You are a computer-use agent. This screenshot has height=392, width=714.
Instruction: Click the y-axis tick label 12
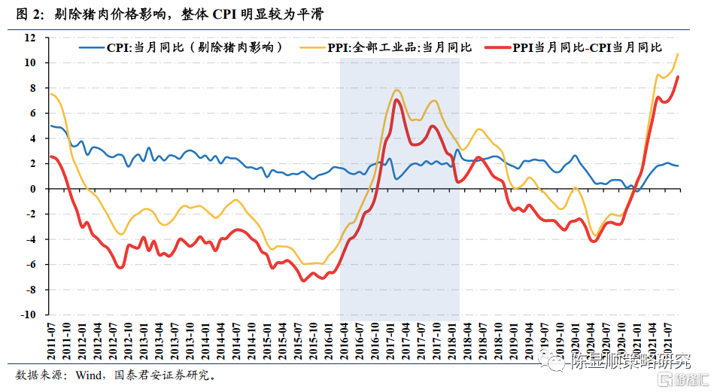click(32, 38)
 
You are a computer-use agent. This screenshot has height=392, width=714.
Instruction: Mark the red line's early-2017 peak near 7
click(396, 100)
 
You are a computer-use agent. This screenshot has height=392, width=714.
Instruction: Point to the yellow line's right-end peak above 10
click(678, 53)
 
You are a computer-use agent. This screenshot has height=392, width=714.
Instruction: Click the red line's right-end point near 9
click(678, 76)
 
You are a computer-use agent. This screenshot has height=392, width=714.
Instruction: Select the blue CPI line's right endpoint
click(678, 166)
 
